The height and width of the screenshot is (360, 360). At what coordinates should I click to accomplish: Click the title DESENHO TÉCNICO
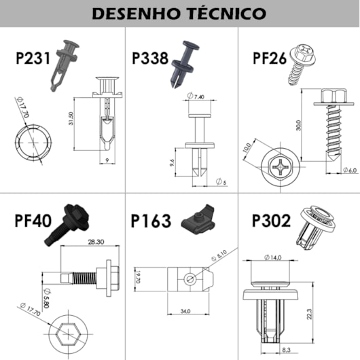tap(179, 13)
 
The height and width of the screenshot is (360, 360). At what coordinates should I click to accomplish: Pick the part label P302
tap(270, 221)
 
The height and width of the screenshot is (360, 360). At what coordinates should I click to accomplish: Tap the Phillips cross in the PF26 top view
tap(280, 166)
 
